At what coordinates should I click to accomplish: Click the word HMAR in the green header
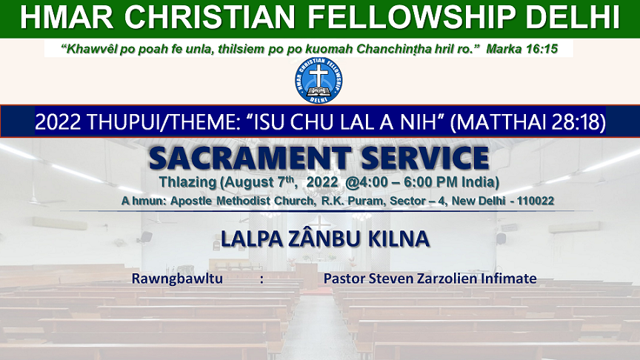pyautogui.click(x=67, y=17)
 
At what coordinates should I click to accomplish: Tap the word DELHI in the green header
pyautogui.click(x=573, y=17)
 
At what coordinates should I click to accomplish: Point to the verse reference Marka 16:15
pyautogui.click(x=521, y=49)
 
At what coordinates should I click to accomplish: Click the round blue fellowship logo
pyautogui.click(x=319, y=81)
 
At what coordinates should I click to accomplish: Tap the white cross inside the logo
pyautogui.click(x=319, y=76)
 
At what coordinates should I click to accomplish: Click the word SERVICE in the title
pyautogui.click(x=425, y=159)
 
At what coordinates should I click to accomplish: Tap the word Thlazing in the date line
pyautogui.click(x=187, y=182)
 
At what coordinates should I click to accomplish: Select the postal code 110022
pyautogui.click(x=535, y=201)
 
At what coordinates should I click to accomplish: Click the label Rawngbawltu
pyautogui.click(x=177, y=279)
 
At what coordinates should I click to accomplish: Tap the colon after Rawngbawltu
pyautogui.click(x=261, y=279)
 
